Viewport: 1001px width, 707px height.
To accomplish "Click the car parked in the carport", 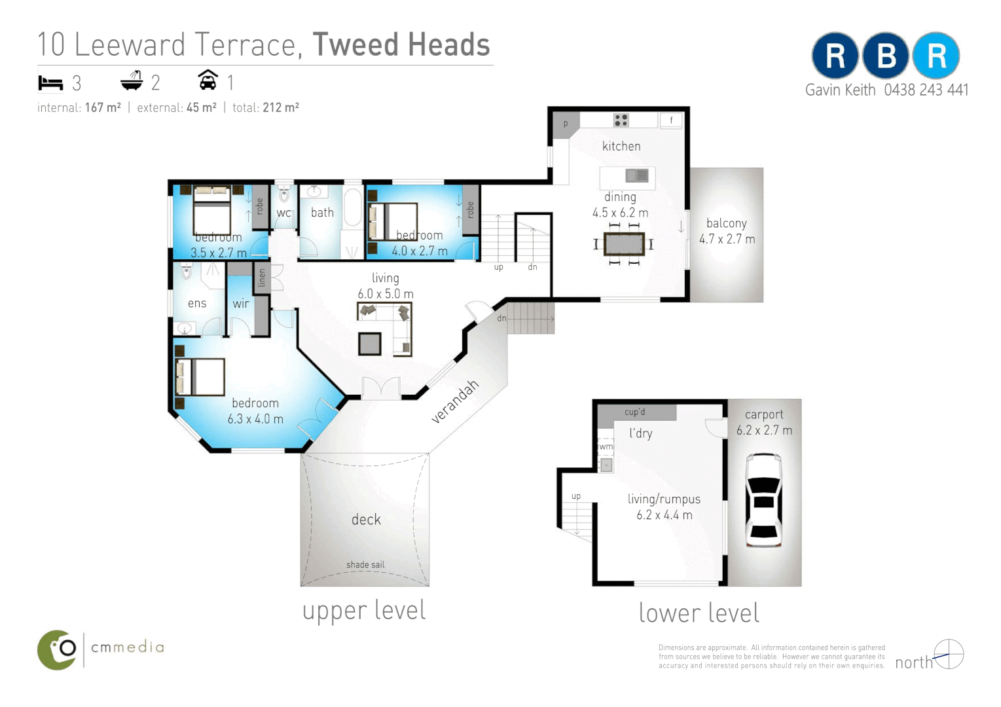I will tap(763, 500).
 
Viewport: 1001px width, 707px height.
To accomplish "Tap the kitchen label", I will tap(621, 146).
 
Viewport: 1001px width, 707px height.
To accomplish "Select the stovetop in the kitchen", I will tap(621, 120).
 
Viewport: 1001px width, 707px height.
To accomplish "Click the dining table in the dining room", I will tap(624, 244).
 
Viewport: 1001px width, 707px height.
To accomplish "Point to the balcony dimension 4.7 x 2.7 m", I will tap(727, 240).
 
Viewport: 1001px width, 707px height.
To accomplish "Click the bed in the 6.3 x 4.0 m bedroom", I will tap(200, 377).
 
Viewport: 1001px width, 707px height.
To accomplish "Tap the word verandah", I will tap(455, 401).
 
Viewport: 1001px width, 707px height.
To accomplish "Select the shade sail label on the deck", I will tap(365, 564).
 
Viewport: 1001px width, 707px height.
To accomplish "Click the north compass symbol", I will tap(949, 654).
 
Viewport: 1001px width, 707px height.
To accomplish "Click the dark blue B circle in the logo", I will tap(885, 56).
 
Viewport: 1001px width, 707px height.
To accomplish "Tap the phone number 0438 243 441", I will tap(926, 90).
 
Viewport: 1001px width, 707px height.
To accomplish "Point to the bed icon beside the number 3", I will tap(50, 83).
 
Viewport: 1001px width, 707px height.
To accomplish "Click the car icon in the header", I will tap(208, 81).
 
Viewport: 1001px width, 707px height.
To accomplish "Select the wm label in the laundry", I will tap(606, 446).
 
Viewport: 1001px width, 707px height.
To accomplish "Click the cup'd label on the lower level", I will tap(634, 412).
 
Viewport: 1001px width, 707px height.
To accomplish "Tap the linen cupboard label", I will tap(262, 278).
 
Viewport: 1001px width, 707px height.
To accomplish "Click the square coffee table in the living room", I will tap(369, 344).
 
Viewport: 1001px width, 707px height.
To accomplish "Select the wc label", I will tap(283, 213).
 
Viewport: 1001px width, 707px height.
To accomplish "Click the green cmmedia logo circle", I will tap(58, 650).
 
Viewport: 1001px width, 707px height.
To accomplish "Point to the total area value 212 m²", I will tap(281, 108).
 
